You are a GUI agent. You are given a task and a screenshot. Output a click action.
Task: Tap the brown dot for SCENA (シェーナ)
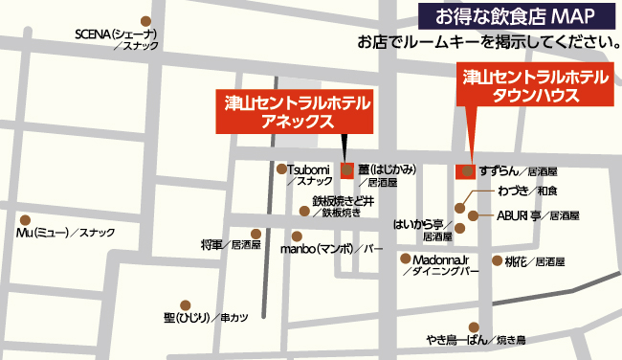click(145, 21)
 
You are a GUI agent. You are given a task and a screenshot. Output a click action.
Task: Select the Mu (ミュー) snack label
click(66, 233)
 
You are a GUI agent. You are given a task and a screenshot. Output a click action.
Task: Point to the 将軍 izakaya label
click(230, 245)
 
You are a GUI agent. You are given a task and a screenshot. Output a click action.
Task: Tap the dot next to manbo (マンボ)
click(297, 236)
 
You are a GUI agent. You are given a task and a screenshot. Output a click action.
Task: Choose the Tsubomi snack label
click(311, 174)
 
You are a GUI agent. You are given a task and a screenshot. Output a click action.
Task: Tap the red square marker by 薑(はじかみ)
click(346, 170)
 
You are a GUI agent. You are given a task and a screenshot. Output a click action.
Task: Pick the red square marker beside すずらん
click(465, 171)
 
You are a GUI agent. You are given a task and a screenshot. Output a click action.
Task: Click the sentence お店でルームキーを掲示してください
click(485, 41)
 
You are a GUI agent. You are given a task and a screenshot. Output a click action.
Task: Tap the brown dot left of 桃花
click(497, 260)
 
